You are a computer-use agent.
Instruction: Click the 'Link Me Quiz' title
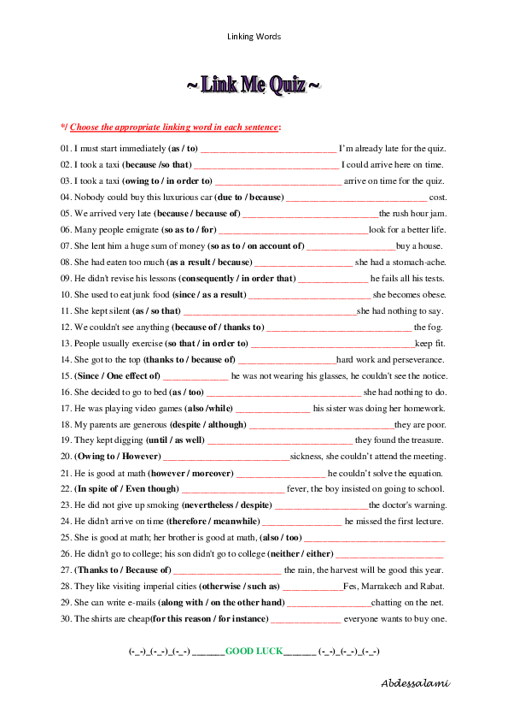[x=254, y=86]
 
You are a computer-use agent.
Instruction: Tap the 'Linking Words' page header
[x=254, y=37]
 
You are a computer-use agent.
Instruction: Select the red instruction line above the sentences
[x=174, y=127]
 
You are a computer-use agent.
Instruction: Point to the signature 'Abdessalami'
[x=415, y=682]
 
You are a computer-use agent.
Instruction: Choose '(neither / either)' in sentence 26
[x=301, y=554]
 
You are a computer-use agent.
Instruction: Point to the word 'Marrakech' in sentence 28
[x=384, y=587]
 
